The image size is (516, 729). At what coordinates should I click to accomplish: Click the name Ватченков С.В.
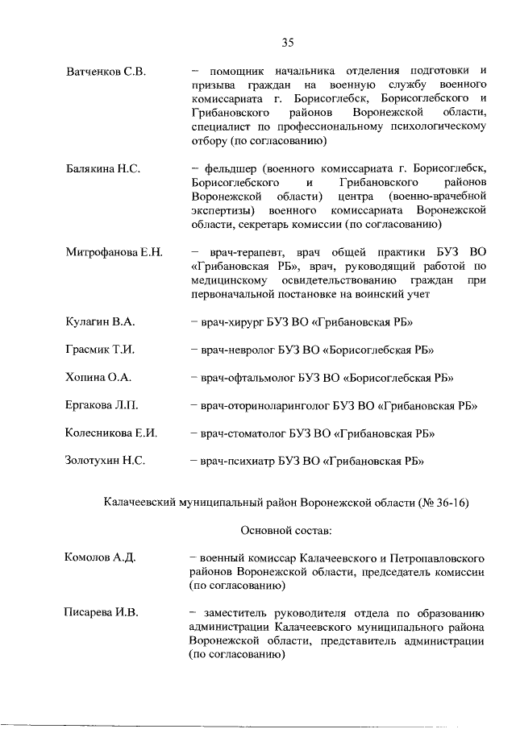(x=105, y=72)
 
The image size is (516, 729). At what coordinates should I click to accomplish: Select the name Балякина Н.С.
(x=103, y=168)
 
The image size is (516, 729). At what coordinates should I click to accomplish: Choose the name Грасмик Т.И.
(x=99, y=350)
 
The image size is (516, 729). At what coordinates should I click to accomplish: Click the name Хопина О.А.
(x=98, y=377)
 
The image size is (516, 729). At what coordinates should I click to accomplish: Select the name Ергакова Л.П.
(x=101, y=405)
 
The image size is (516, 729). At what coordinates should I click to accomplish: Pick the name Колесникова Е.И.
(x=110, y=433)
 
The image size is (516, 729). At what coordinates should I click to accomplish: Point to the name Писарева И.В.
(x=102, y=613)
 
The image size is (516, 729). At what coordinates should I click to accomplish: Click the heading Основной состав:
(x=287, y=530)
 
